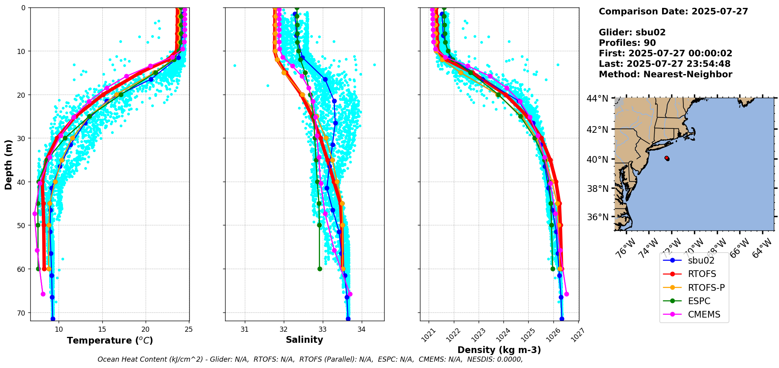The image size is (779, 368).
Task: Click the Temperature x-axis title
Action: pyautogui.click(x=110, y=340)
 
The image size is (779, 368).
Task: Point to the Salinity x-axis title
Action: pyautogui.click(x=304, y=340)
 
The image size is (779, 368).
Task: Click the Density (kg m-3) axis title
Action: pyautogui.click(x=499, y=350)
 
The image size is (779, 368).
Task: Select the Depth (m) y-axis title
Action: pyautogui.click(x=9, y=164)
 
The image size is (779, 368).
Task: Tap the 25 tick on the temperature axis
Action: pyautogui.click(x=189, y=329)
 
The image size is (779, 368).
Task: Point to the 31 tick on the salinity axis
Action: pyautogui.click(x=244, y=329)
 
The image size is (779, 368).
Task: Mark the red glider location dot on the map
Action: pyautogui.click(x=667, y=158)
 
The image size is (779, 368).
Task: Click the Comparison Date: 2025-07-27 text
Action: pyautogui.click(x=673, y=11)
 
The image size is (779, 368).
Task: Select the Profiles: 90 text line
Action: pyautogui.click(x=627, y=43)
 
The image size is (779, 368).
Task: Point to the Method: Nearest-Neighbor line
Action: pyautogui.click(x=665, y=74)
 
